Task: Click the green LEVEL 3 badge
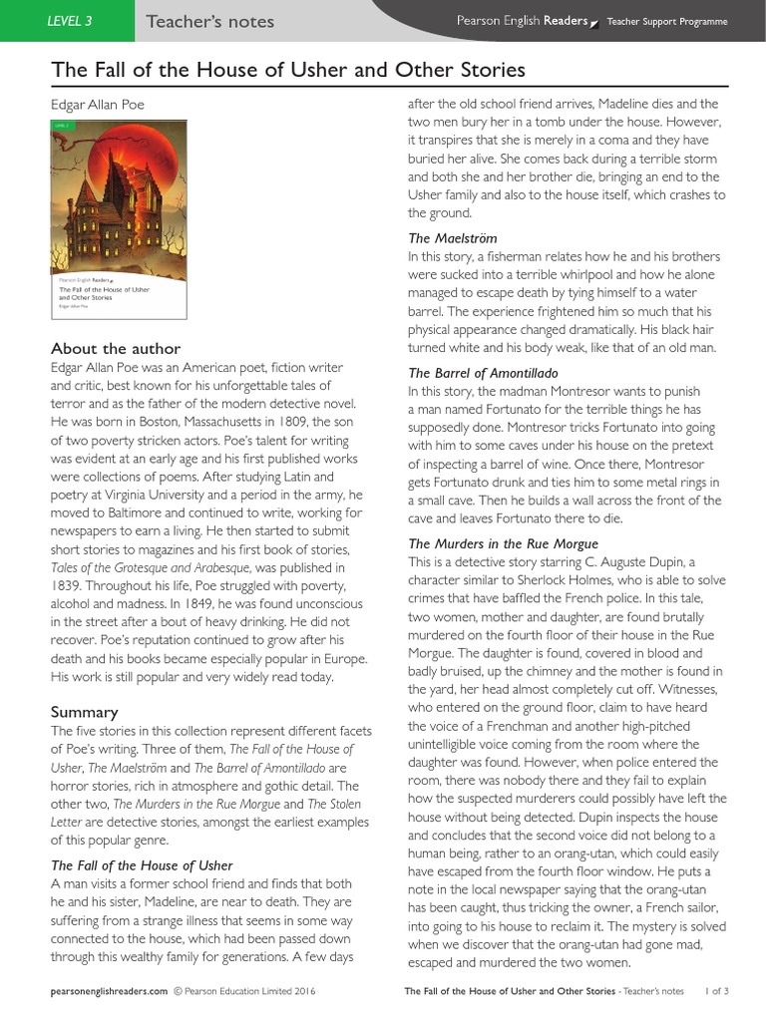point(70,21)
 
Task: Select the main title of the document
point(287,70)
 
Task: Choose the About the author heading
point(116,348)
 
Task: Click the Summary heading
point(84,712)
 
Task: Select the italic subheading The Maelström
point(452,238)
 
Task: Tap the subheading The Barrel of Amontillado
point(483,373)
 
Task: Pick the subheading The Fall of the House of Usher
point(142,864)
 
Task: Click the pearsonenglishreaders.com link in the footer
point(109,992)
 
